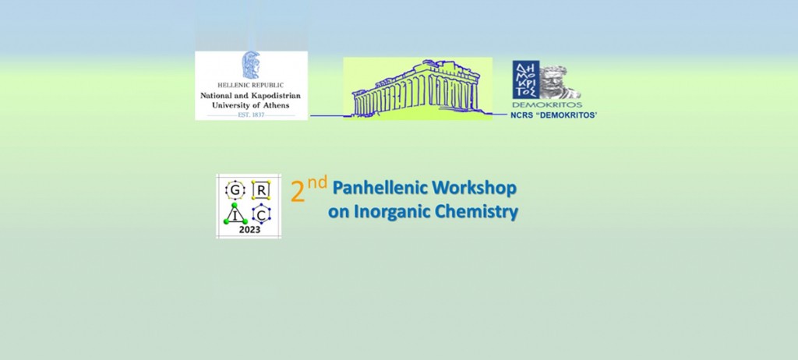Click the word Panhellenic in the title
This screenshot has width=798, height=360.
click(x=373, y=189)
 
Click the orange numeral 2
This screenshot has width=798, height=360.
click(x=297, y=193)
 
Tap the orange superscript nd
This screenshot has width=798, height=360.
click(x=317, y=183)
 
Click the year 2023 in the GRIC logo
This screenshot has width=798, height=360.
click(x=249, y=230)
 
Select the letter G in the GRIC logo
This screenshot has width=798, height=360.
click(x=235, y=190)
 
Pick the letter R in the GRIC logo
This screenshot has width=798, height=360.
click(x=260, y=190)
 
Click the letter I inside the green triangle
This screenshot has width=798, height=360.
click(x=235, y=216)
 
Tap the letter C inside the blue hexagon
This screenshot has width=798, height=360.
click(x=261, y=215)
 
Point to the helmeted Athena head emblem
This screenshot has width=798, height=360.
click(x=251, y=65)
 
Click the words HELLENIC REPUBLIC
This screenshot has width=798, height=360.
click(x=250, y=86)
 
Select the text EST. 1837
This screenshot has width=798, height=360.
click(x=251, y=115)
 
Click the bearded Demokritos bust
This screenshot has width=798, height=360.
click(x=559, y=83)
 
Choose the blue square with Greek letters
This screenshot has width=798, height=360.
click(x=526, y=79)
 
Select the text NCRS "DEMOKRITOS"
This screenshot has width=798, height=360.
click(x=554, y=115)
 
